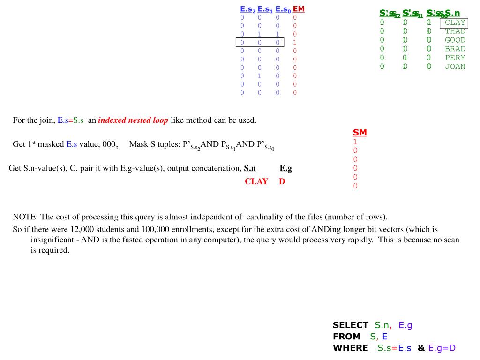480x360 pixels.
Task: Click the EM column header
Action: tap(299, 9)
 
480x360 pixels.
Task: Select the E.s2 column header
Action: tap(247, 9)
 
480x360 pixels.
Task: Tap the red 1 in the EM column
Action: tap(295, 42)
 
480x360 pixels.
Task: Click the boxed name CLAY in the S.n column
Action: tap(455, 22)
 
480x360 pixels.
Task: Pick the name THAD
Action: tap(455, 31)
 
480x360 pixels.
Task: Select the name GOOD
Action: tap(455, 40)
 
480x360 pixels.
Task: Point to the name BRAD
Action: tap(455, 49)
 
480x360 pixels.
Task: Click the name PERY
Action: tap(455, 58)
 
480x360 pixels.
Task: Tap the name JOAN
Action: tap(455, 67)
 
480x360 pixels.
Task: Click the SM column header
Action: tap(360, 133)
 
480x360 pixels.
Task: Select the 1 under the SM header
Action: tap(355, 142)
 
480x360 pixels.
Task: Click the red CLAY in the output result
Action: tap(256, 181)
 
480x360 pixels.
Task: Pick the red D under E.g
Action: tap(282, 181)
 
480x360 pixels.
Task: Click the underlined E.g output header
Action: tap(285, 168)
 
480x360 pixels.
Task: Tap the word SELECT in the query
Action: tap(350, 325)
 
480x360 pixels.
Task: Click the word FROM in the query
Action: tap(346, 337)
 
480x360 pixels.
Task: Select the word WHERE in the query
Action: tap(350, 348)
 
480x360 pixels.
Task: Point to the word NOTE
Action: tap(25, 217)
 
